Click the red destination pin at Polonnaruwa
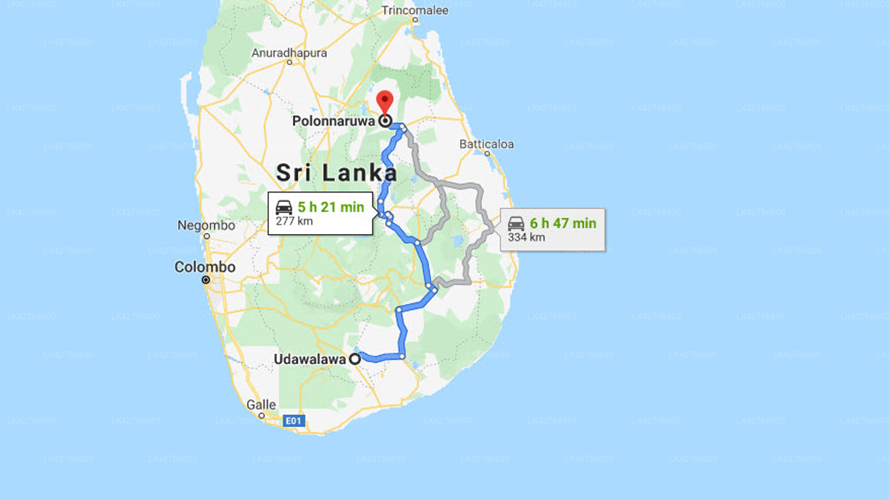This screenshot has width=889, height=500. tap(385, 101)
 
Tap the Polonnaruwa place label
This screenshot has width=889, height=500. tap(333, 121)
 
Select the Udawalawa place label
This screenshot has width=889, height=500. tap(309, 359)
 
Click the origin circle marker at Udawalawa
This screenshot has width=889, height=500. tap(355, 359)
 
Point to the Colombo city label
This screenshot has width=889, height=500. tap(205, 267)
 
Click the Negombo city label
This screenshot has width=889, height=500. tap(206, 226)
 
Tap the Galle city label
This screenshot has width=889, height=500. tap(261, 404)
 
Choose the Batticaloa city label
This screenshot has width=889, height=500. tap(487, 144)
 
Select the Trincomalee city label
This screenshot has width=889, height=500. tap(415, 10)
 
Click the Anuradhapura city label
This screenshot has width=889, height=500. tap(289, 53)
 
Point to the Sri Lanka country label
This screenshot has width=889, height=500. tap(337, 173)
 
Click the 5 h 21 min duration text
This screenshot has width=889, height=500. tap(331, 207)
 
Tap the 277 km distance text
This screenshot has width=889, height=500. tap(294, 222)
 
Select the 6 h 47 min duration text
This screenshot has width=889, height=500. tap(563, 223)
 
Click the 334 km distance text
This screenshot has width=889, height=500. tap(526, 237)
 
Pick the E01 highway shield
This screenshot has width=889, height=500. tap(294, 421)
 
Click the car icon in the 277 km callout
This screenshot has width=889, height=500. tap(284, 207)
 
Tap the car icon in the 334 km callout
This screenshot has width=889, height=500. tap(516, 224)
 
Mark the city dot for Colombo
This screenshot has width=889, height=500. tap(206, 280)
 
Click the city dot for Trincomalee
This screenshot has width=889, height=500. tap(415, 19)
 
